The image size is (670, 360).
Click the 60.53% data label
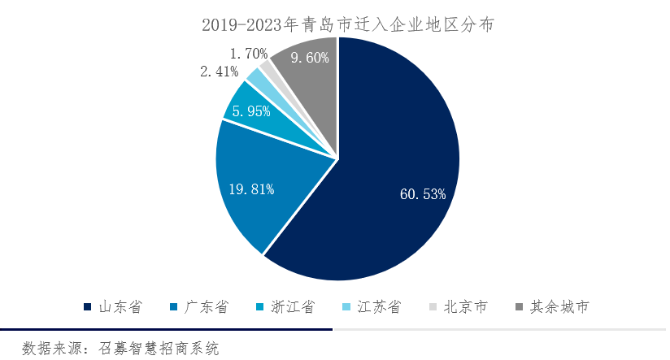click(x=423, y=194)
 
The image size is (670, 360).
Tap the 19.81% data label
click(x=251, y=189)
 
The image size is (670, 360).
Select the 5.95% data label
click(x=251, y=111)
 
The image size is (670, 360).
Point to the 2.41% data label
click(x=219, y=72)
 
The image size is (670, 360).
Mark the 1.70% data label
click(x=249, y=54)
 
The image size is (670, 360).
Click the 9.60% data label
click(x=303, y=58)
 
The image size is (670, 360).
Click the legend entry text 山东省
click(x=120, y=307)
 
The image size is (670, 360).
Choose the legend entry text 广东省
click(x=207, y=307)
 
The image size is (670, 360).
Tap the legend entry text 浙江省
click(x=293, y=307)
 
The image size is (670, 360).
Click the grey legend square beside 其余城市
click(x=521, y=307)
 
